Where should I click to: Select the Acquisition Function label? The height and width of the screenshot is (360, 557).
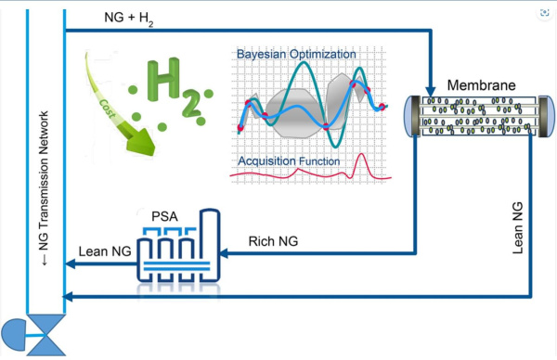(289, 161)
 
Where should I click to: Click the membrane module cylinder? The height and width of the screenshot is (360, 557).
(475, 118)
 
